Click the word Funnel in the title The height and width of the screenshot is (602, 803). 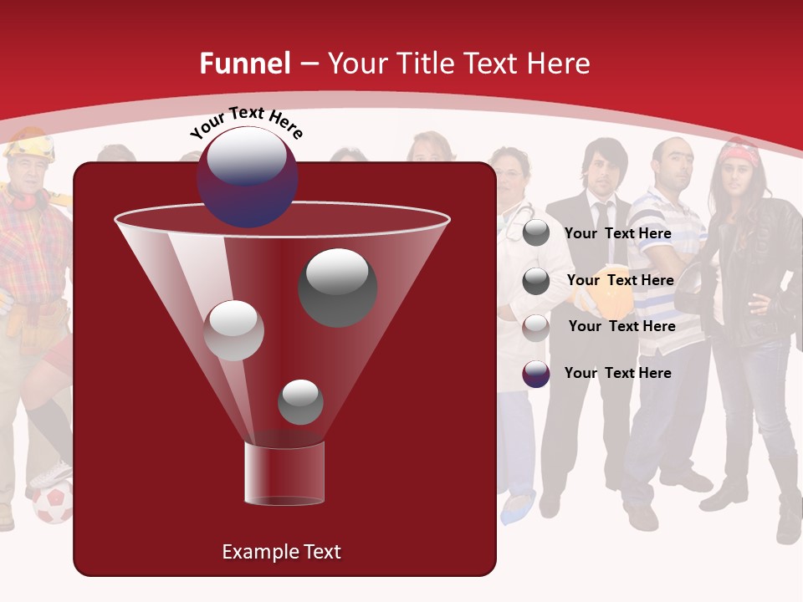(244, 64)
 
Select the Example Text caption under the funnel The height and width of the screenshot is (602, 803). (282, 552)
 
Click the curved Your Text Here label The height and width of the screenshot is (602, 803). (247, 122)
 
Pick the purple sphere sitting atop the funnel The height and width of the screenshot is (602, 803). (248, 176)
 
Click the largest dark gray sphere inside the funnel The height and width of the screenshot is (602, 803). (337, 287)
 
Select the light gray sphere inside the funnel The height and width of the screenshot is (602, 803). (233, 330)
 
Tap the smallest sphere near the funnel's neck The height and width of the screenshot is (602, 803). (300, 402)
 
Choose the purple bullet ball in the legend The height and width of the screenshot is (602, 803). (536, 374)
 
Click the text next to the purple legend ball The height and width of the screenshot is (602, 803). (618, 373)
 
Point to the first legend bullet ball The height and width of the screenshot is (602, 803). (536, 233)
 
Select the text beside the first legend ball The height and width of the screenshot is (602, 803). (618, 233)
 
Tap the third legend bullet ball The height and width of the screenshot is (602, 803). (536, 327)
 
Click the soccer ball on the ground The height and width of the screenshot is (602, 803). (53, 503)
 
